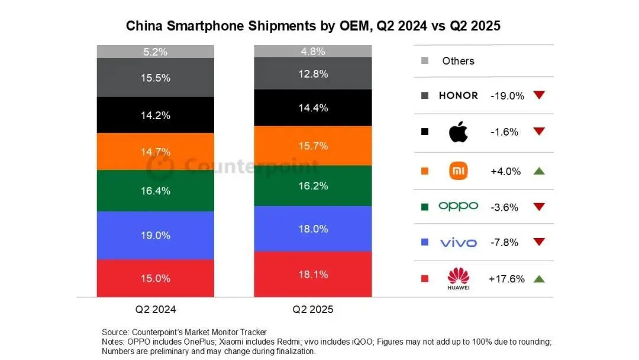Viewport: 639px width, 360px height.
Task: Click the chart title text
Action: (x=313, y=26)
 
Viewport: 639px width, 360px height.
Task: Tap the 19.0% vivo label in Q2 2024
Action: (x=156, y=235)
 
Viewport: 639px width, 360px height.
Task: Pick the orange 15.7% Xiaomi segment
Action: (x=313, y=145)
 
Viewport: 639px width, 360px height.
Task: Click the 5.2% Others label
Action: (x=156, y=52)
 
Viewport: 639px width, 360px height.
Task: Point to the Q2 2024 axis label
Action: (x=156, y=309)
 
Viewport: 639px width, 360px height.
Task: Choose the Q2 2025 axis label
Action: (x=313, y=309)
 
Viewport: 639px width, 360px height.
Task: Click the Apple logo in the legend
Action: (x=459, y=131)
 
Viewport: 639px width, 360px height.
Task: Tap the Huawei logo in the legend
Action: (x=459, y=278)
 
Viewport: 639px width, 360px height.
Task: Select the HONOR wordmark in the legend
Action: (x=459, y=95)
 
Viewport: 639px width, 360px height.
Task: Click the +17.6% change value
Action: (x=506, y=279)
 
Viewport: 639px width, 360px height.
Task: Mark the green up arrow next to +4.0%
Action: (x=538, y=171)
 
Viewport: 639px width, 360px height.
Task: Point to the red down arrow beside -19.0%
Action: (x=538, y=95)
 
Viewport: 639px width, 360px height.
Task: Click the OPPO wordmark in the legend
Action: (x=459, y=206)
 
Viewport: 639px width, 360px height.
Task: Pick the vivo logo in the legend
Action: (x=459, y=242)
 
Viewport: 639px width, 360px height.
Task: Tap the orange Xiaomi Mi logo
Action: (x=459, y=171)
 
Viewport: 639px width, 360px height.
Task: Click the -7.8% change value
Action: (x=505, y=242)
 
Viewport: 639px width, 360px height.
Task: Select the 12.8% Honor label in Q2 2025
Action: (x=313, y=73)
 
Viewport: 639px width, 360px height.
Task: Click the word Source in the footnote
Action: (x=115, y=332)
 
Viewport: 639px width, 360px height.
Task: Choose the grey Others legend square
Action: (x=424, y=61)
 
